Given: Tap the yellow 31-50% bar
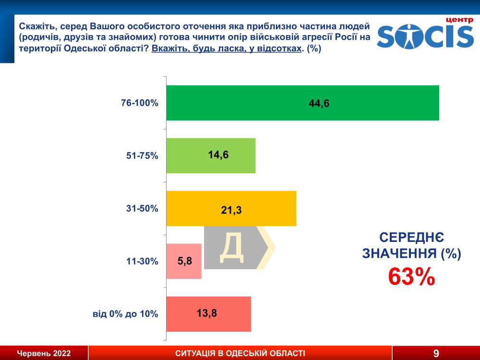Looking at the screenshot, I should (269, 208).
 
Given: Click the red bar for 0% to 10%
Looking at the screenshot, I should (230, 314).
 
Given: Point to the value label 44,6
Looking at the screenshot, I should (319, 103).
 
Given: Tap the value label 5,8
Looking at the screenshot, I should (185, 261).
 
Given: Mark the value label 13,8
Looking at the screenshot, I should (207, 314).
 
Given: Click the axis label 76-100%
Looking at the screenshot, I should (140, 103).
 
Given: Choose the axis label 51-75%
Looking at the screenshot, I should (142, 156).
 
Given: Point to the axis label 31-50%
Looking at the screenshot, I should (142, 208).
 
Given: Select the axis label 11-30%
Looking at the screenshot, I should (142, 261).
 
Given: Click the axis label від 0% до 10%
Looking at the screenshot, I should (125, 314).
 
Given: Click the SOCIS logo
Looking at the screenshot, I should (425, 34).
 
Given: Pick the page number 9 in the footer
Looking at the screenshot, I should (436, 354).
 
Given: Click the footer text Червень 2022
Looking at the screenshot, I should (44, 354).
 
